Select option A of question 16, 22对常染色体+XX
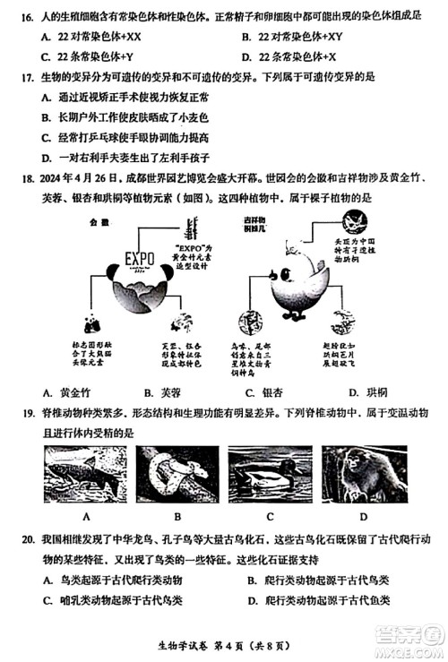99,38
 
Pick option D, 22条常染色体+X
296,57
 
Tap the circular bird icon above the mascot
355,221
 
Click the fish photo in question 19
86,476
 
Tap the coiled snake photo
177,476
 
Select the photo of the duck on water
270,476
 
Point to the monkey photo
363,476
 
